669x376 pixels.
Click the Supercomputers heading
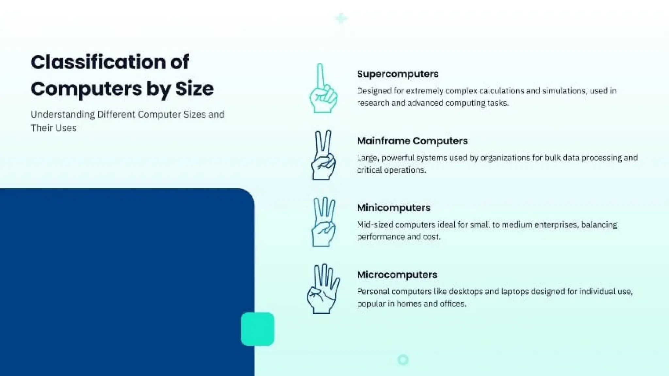click(x=398, y=74)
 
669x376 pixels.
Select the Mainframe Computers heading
click(x=412, y=141)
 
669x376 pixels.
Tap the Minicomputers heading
click(x=394, y=208)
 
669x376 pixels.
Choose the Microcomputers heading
click(x=397, y=275)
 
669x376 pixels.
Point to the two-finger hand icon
click(x=323, y=155)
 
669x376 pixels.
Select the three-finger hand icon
click(x=323, y=222)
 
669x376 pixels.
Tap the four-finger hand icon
click(x=323, y=289)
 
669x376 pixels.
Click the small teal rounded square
click(x=257, y=329)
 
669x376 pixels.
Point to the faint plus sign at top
click(x=341, y=19)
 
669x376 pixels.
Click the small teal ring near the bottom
click(x=403, y=360)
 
